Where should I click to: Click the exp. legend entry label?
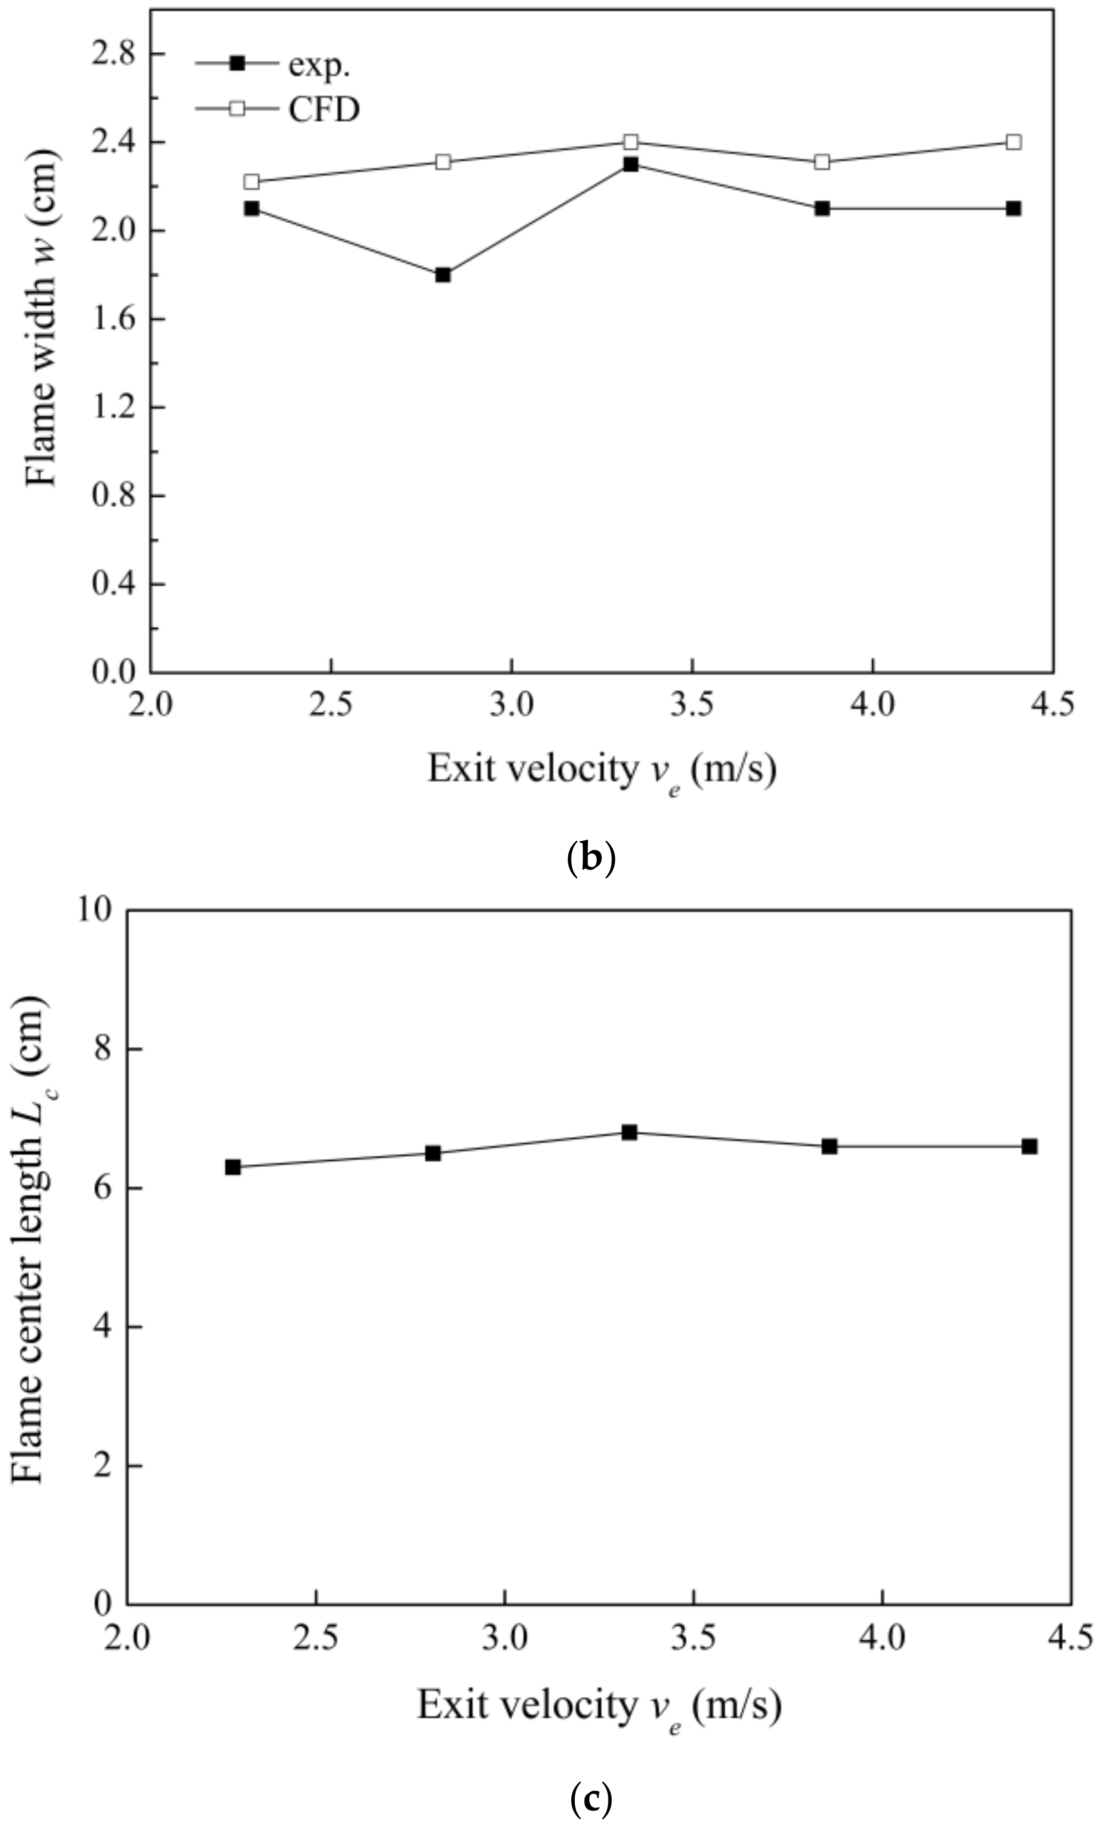point(319,65)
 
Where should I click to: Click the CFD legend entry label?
point(324,110)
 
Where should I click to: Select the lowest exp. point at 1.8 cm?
point(443,275)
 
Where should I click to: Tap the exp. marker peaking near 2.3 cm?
point(630,165)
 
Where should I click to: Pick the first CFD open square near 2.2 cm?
point(252,182)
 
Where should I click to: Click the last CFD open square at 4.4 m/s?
point(1013,142)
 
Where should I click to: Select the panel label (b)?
point(590,858)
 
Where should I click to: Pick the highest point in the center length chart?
point(629,1132)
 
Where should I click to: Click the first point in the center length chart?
point(233,1167)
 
